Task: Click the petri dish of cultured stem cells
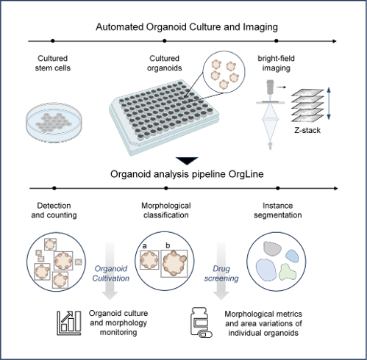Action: click(x=54, y=122)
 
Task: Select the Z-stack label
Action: click(x=307, y=130)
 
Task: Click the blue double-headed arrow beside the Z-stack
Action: click(x=329, y=104)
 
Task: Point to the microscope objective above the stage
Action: click(x=270, y=87)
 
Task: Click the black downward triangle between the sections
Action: click(x=187, y=161)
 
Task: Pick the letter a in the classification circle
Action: click(x=145, y=245)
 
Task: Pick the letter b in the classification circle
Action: click(x=168, y=245)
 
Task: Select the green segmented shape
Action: click(x=288, y=272)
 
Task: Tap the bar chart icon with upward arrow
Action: click(x=69, y=323)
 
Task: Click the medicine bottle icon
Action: click(x=202, y=323)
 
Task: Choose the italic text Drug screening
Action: click(x=221, y=273)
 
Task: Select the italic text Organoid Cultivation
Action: click(x=111, y=273)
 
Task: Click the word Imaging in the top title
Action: click(x=260, y=27)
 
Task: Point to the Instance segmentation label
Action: click(x=278, y=210)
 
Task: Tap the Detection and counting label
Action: click(x=54, y=210)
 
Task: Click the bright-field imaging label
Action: click(x=277, y=63)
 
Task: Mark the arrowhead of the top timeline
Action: click(x=335, y=41)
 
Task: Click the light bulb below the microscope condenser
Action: click(x=270, y=145)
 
